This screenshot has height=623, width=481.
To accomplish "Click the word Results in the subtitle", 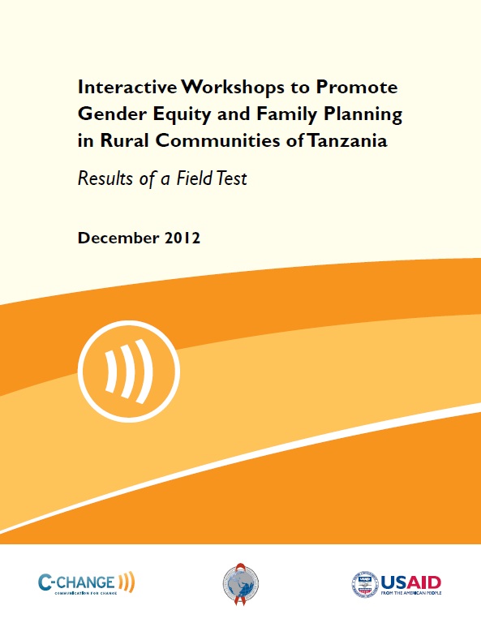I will point(105,178).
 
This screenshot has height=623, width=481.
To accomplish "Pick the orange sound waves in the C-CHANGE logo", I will point(126,581).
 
